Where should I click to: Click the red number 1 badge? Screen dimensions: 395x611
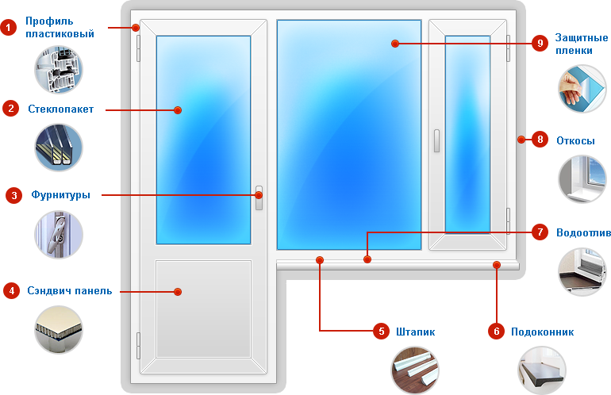[10, 28]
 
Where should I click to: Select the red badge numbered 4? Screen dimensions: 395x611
[11, 291]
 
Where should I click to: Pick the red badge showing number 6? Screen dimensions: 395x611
[496, 332]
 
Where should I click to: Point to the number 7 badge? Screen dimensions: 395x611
[540, 232]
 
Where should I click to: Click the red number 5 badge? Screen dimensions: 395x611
[381, 331]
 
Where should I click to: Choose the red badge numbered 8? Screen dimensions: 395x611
[540, 140]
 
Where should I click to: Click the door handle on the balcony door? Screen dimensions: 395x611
[259, 197]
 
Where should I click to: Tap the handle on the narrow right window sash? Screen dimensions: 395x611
[436, 141]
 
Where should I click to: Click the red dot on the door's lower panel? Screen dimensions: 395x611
[178, 292]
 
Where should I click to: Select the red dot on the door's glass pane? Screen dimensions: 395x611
[178, 109]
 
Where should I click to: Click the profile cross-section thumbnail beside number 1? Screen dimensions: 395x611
[58, 69]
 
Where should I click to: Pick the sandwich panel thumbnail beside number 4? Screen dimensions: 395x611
[58, 329]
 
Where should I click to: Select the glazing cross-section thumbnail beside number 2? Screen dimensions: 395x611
[58, 146]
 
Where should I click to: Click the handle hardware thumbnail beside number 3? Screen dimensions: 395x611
[58, 235]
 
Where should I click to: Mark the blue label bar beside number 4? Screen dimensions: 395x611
[70, 291]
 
